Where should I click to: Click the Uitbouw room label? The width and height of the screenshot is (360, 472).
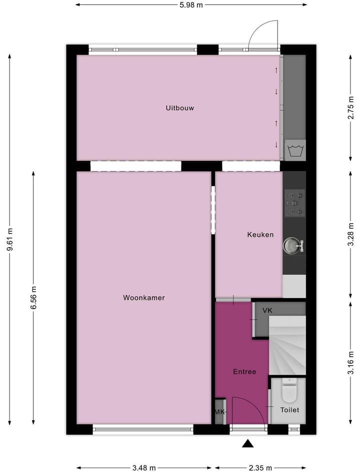180,108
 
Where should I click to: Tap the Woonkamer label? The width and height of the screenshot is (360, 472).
144,298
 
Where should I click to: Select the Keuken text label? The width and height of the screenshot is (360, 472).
260,234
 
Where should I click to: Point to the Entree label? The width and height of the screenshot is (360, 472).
244,372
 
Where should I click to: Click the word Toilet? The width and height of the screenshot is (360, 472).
289,410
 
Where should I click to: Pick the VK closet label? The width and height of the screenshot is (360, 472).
267,311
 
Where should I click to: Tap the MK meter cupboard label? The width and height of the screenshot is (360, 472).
219,412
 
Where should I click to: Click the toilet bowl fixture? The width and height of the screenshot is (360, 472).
289,391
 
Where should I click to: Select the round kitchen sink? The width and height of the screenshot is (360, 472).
292,245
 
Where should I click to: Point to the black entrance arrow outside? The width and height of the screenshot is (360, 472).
247,443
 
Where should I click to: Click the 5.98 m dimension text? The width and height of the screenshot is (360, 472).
191,5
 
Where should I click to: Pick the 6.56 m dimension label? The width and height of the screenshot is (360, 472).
33,298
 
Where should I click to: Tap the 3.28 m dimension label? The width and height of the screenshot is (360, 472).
351,234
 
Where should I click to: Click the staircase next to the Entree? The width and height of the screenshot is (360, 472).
286,345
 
